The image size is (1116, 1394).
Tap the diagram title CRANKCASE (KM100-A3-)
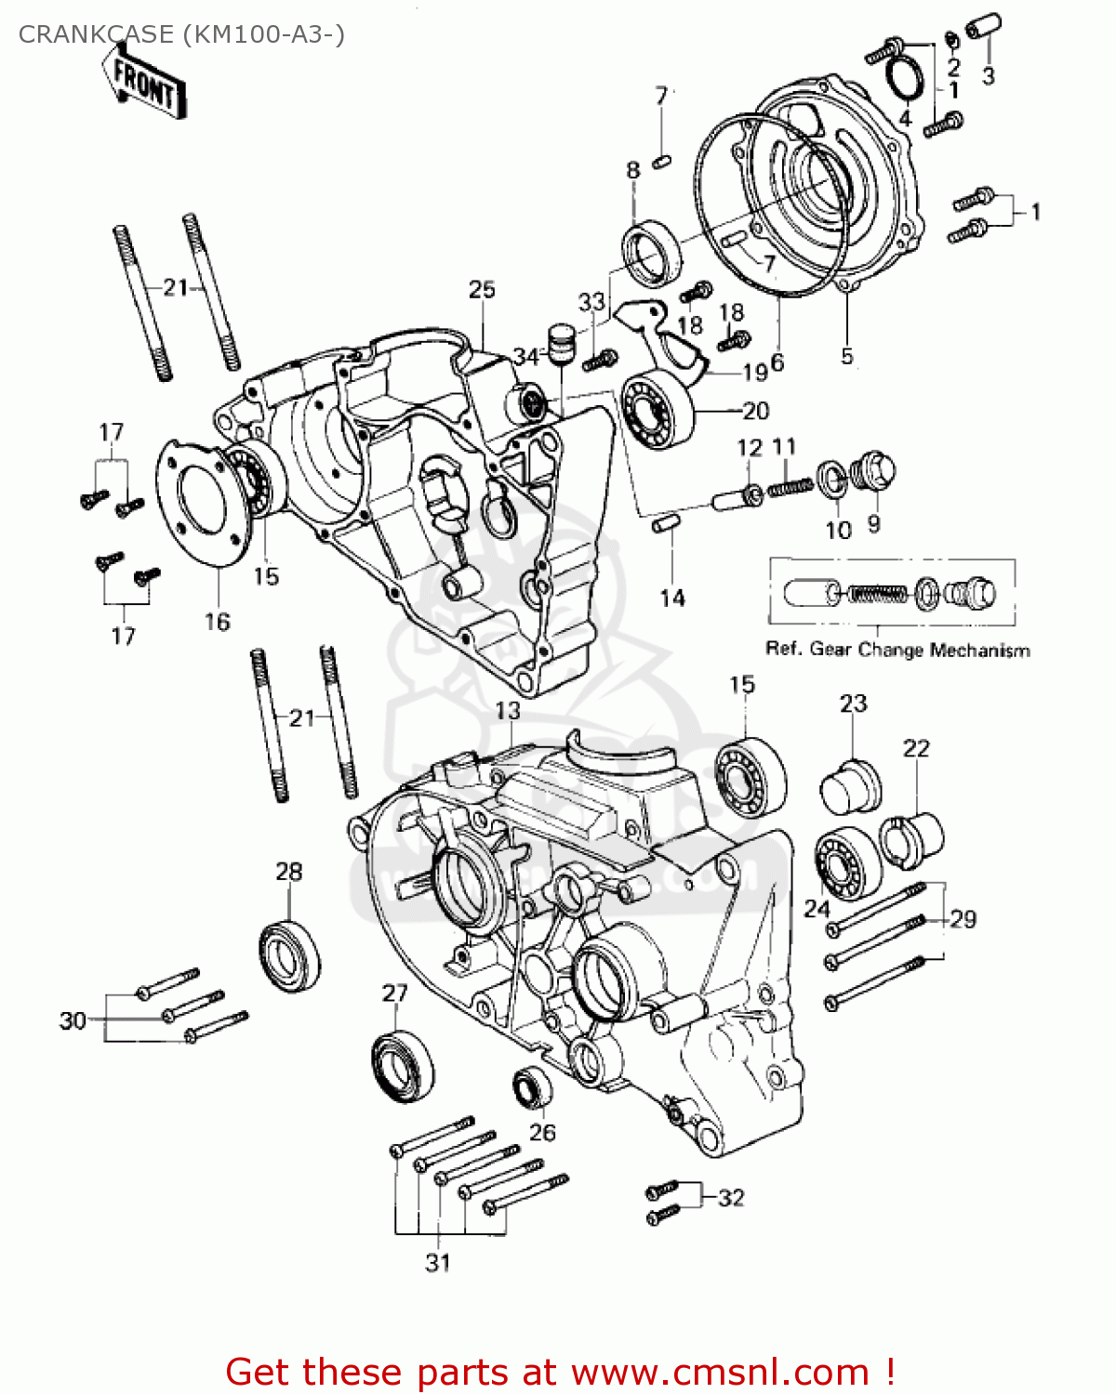[181, 34]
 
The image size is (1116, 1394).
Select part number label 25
[482, 290]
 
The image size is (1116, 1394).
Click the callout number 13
[508, 711]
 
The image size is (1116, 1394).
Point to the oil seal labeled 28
[289, 954]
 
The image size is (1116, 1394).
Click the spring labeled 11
[790, 485]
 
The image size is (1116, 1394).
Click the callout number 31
[438, 1262]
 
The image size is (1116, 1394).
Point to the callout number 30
[73, 1020]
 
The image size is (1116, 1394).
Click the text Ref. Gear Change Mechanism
[897, 650]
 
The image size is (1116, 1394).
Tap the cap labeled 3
[982, 28]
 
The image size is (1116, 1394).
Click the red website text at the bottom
[560, 1373]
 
